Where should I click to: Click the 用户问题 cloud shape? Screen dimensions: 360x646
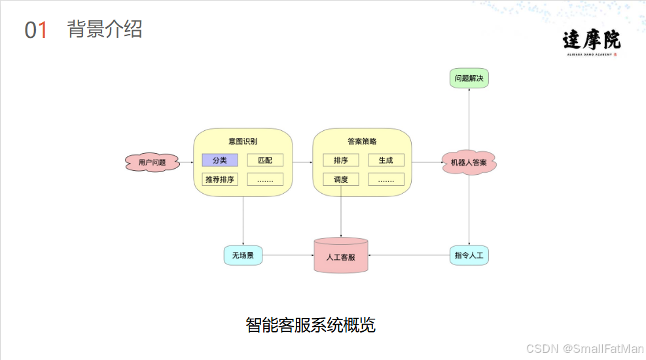pos(152,162)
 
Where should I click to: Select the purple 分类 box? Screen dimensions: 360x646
pos(219,160)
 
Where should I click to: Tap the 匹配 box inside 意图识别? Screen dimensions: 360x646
pos(265,160)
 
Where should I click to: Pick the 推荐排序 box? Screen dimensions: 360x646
pos(219,179)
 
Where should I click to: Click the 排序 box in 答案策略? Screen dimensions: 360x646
pos(340,160)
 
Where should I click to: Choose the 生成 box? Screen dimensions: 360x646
pos(386,160)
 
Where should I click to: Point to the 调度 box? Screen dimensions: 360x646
pos(340,179)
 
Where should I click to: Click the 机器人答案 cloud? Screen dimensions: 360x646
pos(469,162)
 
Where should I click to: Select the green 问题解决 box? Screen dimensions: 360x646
pos(469,79)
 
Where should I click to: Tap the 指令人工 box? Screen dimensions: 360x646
pos(469,255)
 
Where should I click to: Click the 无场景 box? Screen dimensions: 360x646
pos(243,255)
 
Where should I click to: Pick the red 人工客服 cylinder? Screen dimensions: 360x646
pos(340,256)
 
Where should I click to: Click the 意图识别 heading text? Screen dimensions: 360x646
pos(242,141)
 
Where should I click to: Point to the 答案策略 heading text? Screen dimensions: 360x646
pos(362,141)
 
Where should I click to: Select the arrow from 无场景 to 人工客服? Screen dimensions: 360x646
pos(288,255)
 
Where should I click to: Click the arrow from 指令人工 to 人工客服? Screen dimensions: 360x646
pos(409,255)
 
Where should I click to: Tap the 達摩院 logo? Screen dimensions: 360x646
pos(591,42)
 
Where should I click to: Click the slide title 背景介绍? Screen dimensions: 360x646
pos(105,29)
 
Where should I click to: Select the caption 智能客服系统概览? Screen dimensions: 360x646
pos(310,325)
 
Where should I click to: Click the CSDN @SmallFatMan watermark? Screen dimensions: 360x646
pos(584,349)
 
